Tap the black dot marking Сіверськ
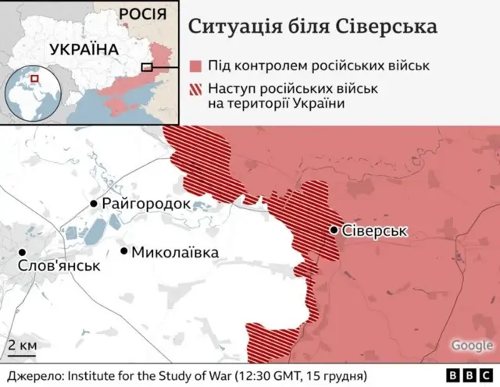coord(334,230)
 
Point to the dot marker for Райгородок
coord(95,204)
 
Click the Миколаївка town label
coord(175,252)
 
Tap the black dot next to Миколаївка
coord(124,251)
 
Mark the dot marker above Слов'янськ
coord(22,252)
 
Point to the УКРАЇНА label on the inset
coord(84,49)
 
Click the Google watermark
coord(471,345)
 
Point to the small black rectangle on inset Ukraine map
coord(147,68)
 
